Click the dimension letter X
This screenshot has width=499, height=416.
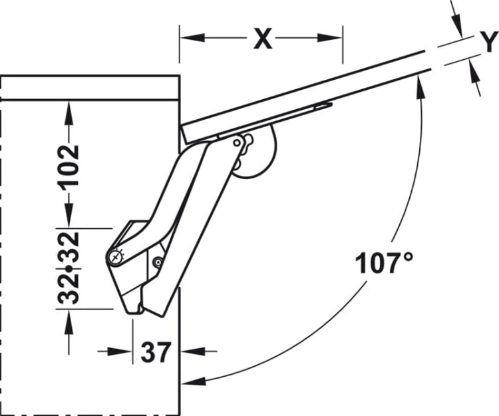tap(263, 38)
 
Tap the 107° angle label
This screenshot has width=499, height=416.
tap(385, 263)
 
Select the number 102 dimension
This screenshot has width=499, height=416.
tap(69, 167)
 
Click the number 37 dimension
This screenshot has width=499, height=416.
tap(156, 352)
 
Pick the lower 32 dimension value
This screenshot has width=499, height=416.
tap(69, 289)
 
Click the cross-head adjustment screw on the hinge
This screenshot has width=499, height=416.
tap(115, 257)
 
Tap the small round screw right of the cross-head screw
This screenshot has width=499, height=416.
tap(158, 262)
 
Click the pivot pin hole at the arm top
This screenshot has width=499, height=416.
tap(237, 143)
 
